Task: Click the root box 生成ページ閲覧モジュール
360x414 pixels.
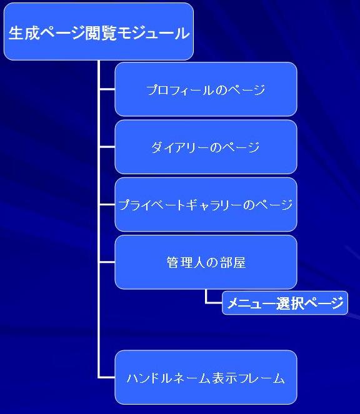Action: point(99,32)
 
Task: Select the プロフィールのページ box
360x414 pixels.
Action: point(206,89)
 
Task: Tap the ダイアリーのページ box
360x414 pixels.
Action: point(206,147)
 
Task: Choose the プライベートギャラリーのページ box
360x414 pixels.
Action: point(206,204)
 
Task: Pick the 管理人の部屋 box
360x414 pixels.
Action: point(206,262)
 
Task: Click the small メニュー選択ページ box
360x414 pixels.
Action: point(285,303)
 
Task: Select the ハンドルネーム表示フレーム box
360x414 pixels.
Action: point(206,377)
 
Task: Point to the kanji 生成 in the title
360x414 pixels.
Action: point(24,33)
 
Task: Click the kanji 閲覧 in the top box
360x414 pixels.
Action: point(101,34)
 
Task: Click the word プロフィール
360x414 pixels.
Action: point(180,90)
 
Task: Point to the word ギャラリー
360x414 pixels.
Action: point(214,205)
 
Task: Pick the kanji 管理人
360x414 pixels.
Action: point(185,263)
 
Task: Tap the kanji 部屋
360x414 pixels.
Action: point(233,263)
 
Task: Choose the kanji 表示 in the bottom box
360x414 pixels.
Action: point(226,378)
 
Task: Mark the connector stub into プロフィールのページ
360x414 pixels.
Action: point(107,89)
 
